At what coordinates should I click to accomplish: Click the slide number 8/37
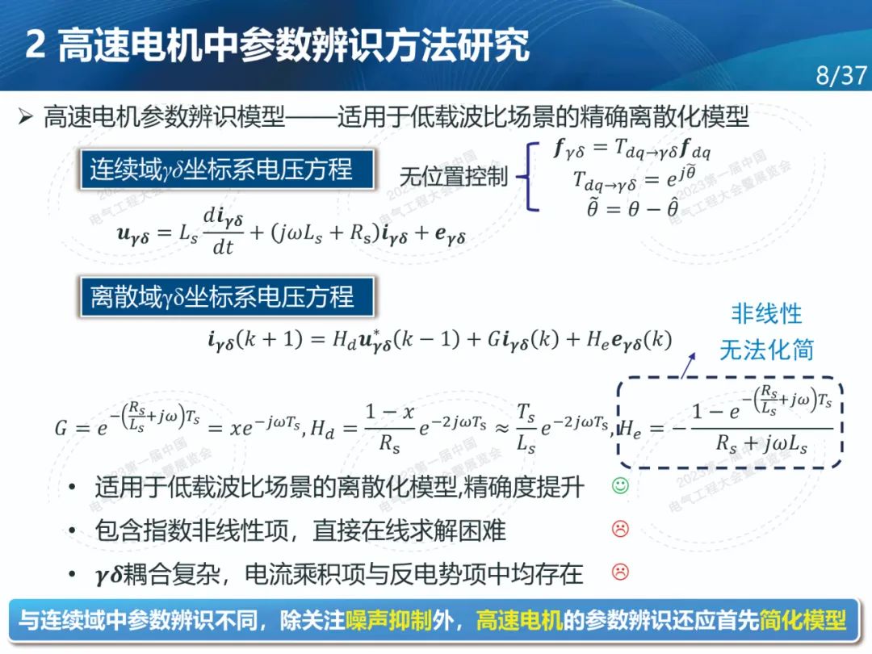click(841, 75)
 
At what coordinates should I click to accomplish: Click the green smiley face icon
click(620, 485)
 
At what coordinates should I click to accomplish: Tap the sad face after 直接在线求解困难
click(620, 528)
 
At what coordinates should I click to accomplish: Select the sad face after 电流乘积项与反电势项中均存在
click(620, 571)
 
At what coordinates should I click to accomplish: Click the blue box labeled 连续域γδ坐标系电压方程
click(227, 169)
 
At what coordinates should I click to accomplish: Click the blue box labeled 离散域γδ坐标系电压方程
click(227, 296)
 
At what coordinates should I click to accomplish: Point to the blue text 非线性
click(766, 314)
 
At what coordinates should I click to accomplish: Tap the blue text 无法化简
click(766, 350)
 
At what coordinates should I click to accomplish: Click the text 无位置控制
click(453, 177)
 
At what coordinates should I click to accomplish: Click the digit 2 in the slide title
click(36, 44)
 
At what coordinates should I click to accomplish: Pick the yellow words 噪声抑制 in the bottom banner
click(388, 620)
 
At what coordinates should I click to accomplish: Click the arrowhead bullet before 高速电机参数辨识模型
click(26, 117)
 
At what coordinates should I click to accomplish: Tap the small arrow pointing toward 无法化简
click(689, 366)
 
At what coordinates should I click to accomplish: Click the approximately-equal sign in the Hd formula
click(502, 428)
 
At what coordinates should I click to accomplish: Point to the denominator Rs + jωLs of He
click(762, 444)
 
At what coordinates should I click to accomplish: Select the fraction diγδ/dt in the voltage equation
click(223, 232)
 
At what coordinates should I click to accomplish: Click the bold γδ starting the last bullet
click(108, 574)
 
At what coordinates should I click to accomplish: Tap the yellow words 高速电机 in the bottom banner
click(519, 620)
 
